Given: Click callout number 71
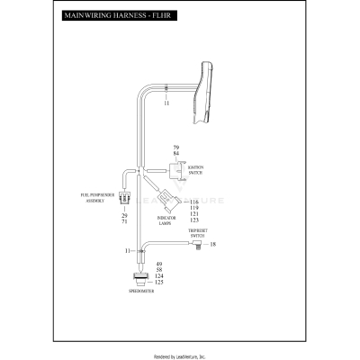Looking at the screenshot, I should tap(124, 223).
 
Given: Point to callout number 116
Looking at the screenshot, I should tap(193, 203).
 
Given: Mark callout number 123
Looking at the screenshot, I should tap(193, 220).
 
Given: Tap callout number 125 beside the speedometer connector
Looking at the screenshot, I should tap(159, 283).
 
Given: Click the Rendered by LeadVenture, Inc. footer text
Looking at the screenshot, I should tap(180, 355).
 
